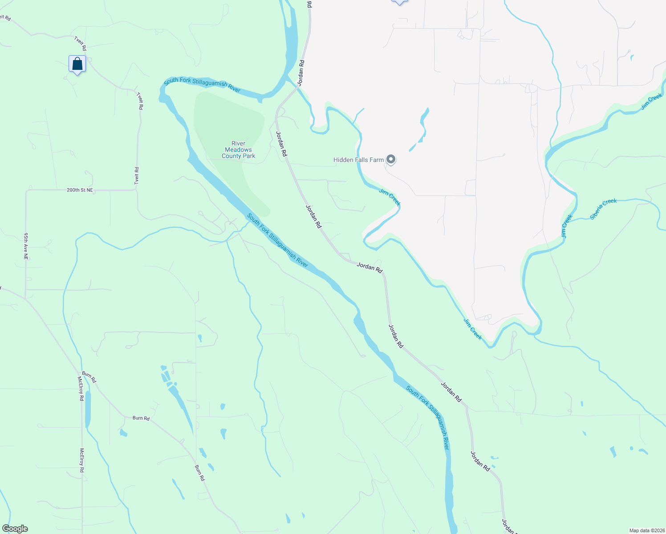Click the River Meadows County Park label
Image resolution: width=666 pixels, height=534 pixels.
[238, 150]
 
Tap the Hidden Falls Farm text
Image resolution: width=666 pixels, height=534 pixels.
[358, 160]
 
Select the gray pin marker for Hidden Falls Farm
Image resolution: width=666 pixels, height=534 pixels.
[391, 159]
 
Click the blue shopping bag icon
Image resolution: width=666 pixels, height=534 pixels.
[77, 64]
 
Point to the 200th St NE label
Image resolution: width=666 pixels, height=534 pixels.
[80, 190]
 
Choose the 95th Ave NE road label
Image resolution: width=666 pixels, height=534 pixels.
[26, 246]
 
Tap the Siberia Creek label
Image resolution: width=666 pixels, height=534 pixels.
[603, 209]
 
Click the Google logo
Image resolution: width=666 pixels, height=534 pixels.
[15, 529]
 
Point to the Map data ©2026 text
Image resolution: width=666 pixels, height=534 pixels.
[646, 530]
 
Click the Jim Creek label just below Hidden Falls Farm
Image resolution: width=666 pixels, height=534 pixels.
[390, 198]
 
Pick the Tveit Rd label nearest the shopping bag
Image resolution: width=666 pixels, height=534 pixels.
[81, 43]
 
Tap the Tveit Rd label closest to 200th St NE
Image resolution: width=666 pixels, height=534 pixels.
[137, 176]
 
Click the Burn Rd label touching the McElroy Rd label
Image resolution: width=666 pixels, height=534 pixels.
[89, 377]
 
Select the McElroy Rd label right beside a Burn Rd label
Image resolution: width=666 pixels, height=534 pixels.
[81, 388]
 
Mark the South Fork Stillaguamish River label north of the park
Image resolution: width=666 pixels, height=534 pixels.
[202, 85]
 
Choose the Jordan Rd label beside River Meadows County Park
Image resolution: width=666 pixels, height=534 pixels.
[281, 144]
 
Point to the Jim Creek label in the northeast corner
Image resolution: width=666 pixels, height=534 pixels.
[652, 101]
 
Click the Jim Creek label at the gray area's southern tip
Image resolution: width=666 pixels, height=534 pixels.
[472, 329]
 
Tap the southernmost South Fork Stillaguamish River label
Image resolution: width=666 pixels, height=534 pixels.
[428, 417]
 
